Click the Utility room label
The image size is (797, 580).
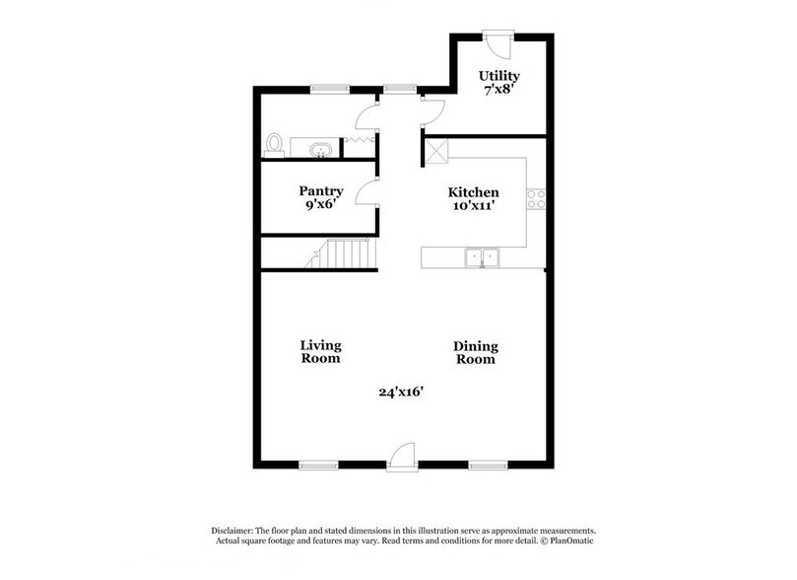498,76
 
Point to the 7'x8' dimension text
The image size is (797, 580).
498,90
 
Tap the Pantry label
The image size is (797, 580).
321,191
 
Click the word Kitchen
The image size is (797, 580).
473,192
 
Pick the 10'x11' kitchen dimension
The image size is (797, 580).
473,206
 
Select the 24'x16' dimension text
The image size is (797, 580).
400,392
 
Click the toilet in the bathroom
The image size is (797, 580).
275,146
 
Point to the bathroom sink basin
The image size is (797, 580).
320,150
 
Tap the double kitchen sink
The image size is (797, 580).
484,257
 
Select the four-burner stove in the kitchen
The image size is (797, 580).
537,199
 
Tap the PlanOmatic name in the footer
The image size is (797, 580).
571,540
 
